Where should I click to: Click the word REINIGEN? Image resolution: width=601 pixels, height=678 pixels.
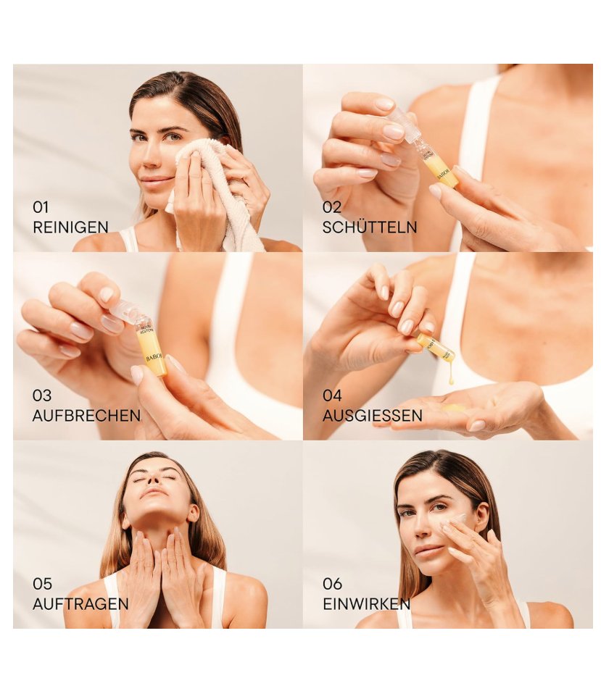pos(70,227)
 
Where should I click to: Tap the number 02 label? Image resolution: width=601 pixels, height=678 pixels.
pos(331,208)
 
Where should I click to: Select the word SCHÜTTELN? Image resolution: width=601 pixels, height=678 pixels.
pos(370,227)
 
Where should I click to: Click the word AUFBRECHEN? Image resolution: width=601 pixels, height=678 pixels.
pos(86,416)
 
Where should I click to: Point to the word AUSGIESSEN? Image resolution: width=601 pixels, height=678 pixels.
pos(373,416)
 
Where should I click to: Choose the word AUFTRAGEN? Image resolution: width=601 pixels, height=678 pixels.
pos(80,604)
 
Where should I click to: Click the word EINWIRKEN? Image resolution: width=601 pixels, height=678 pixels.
pos(366,604)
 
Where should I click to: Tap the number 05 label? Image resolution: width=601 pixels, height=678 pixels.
pos(41,584)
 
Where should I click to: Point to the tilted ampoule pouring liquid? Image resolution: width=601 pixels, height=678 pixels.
pos(436,347)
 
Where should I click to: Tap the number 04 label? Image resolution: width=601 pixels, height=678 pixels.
pos(332,396)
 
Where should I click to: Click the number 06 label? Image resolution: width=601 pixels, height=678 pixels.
pos(332,584)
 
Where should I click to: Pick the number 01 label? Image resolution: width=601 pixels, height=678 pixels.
pos(41,208)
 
